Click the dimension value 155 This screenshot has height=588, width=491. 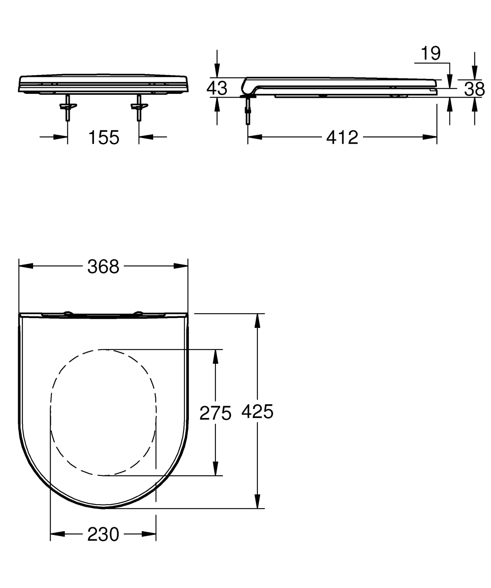tap(104, 138)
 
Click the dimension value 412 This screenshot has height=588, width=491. tap(342, 138)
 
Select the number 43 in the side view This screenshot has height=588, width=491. tap(217, 88)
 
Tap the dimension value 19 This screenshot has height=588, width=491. tap(430, 53)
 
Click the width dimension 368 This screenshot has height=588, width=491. tap(103, 267)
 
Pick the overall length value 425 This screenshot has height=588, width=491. tap(257, 412)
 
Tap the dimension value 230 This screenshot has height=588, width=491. tap(103, 535)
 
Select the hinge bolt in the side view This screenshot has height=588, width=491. tap(248, 111)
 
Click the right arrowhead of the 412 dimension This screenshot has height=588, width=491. tap(430, 137)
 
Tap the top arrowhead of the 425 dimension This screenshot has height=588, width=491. tap(258, 321)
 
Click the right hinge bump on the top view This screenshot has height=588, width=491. tap(139, 313)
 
